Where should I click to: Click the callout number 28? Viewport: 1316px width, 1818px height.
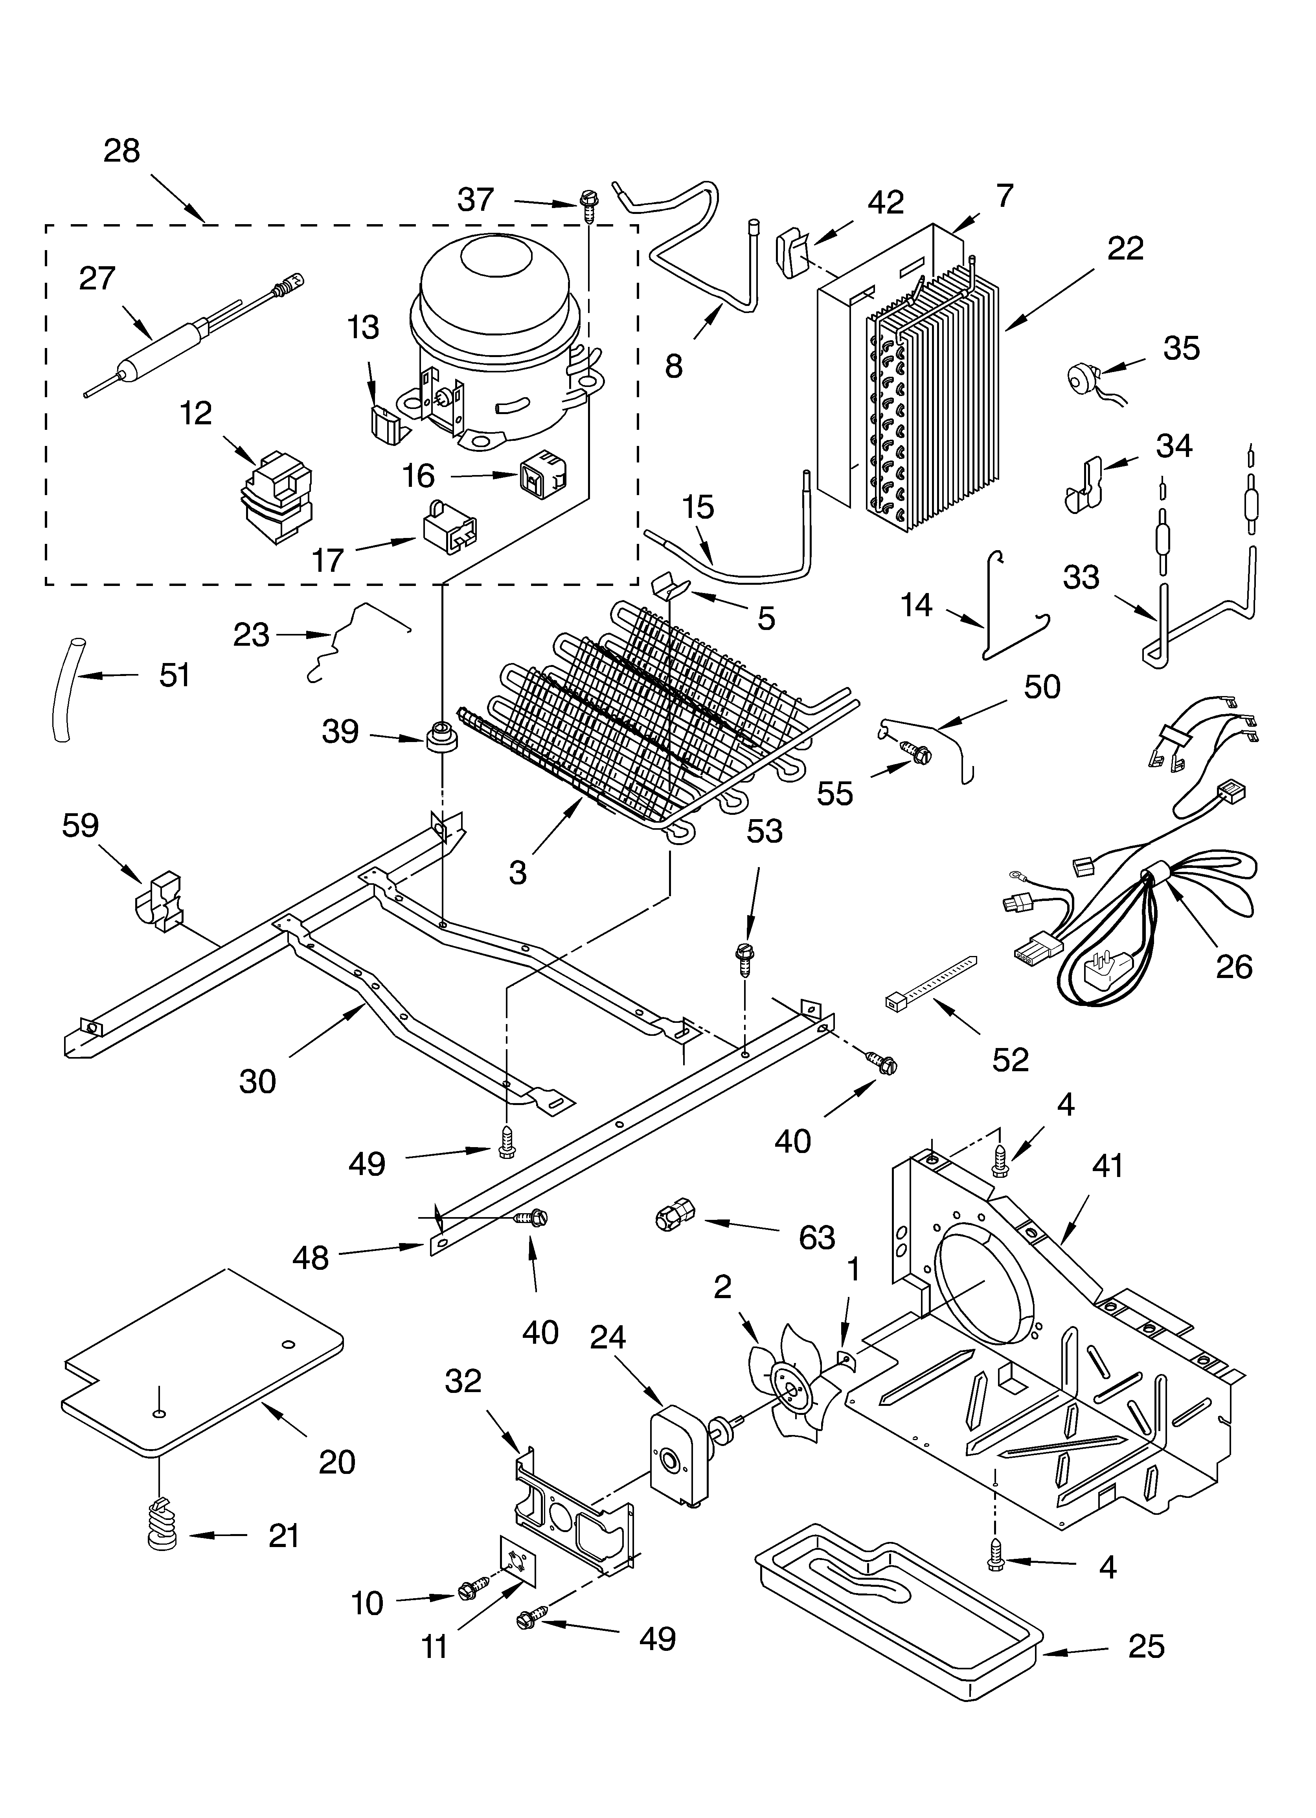click(122, 151)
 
